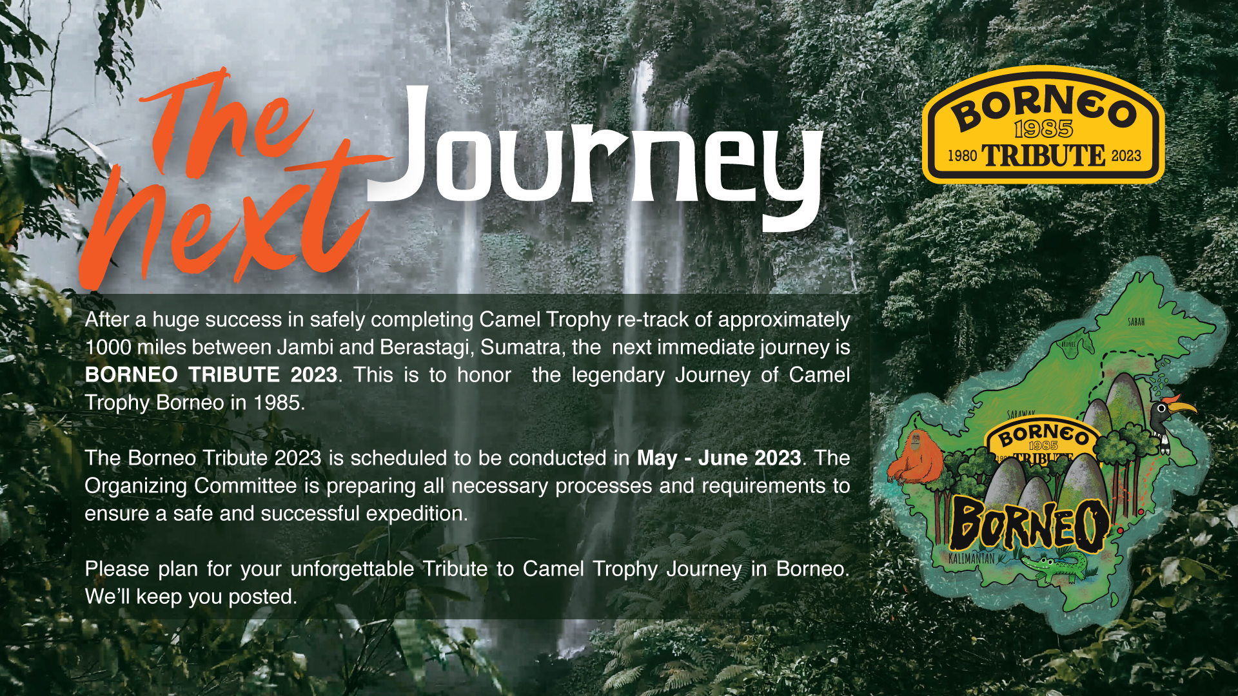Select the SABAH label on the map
tap(1136, 322)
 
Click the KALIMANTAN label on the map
tap(972, 558)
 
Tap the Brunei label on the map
tap(1068, 345)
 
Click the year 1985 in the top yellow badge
tap(1043, 129)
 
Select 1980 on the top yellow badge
tap(962, 156)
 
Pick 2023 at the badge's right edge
tap(1126, 156)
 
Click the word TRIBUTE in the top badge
tap(1043, 156)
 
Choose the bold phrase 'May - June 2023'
tap(719, 458)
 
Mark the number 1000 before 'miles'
tap(108, 347)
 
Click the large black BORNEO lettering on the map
tap(1030, 525)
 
